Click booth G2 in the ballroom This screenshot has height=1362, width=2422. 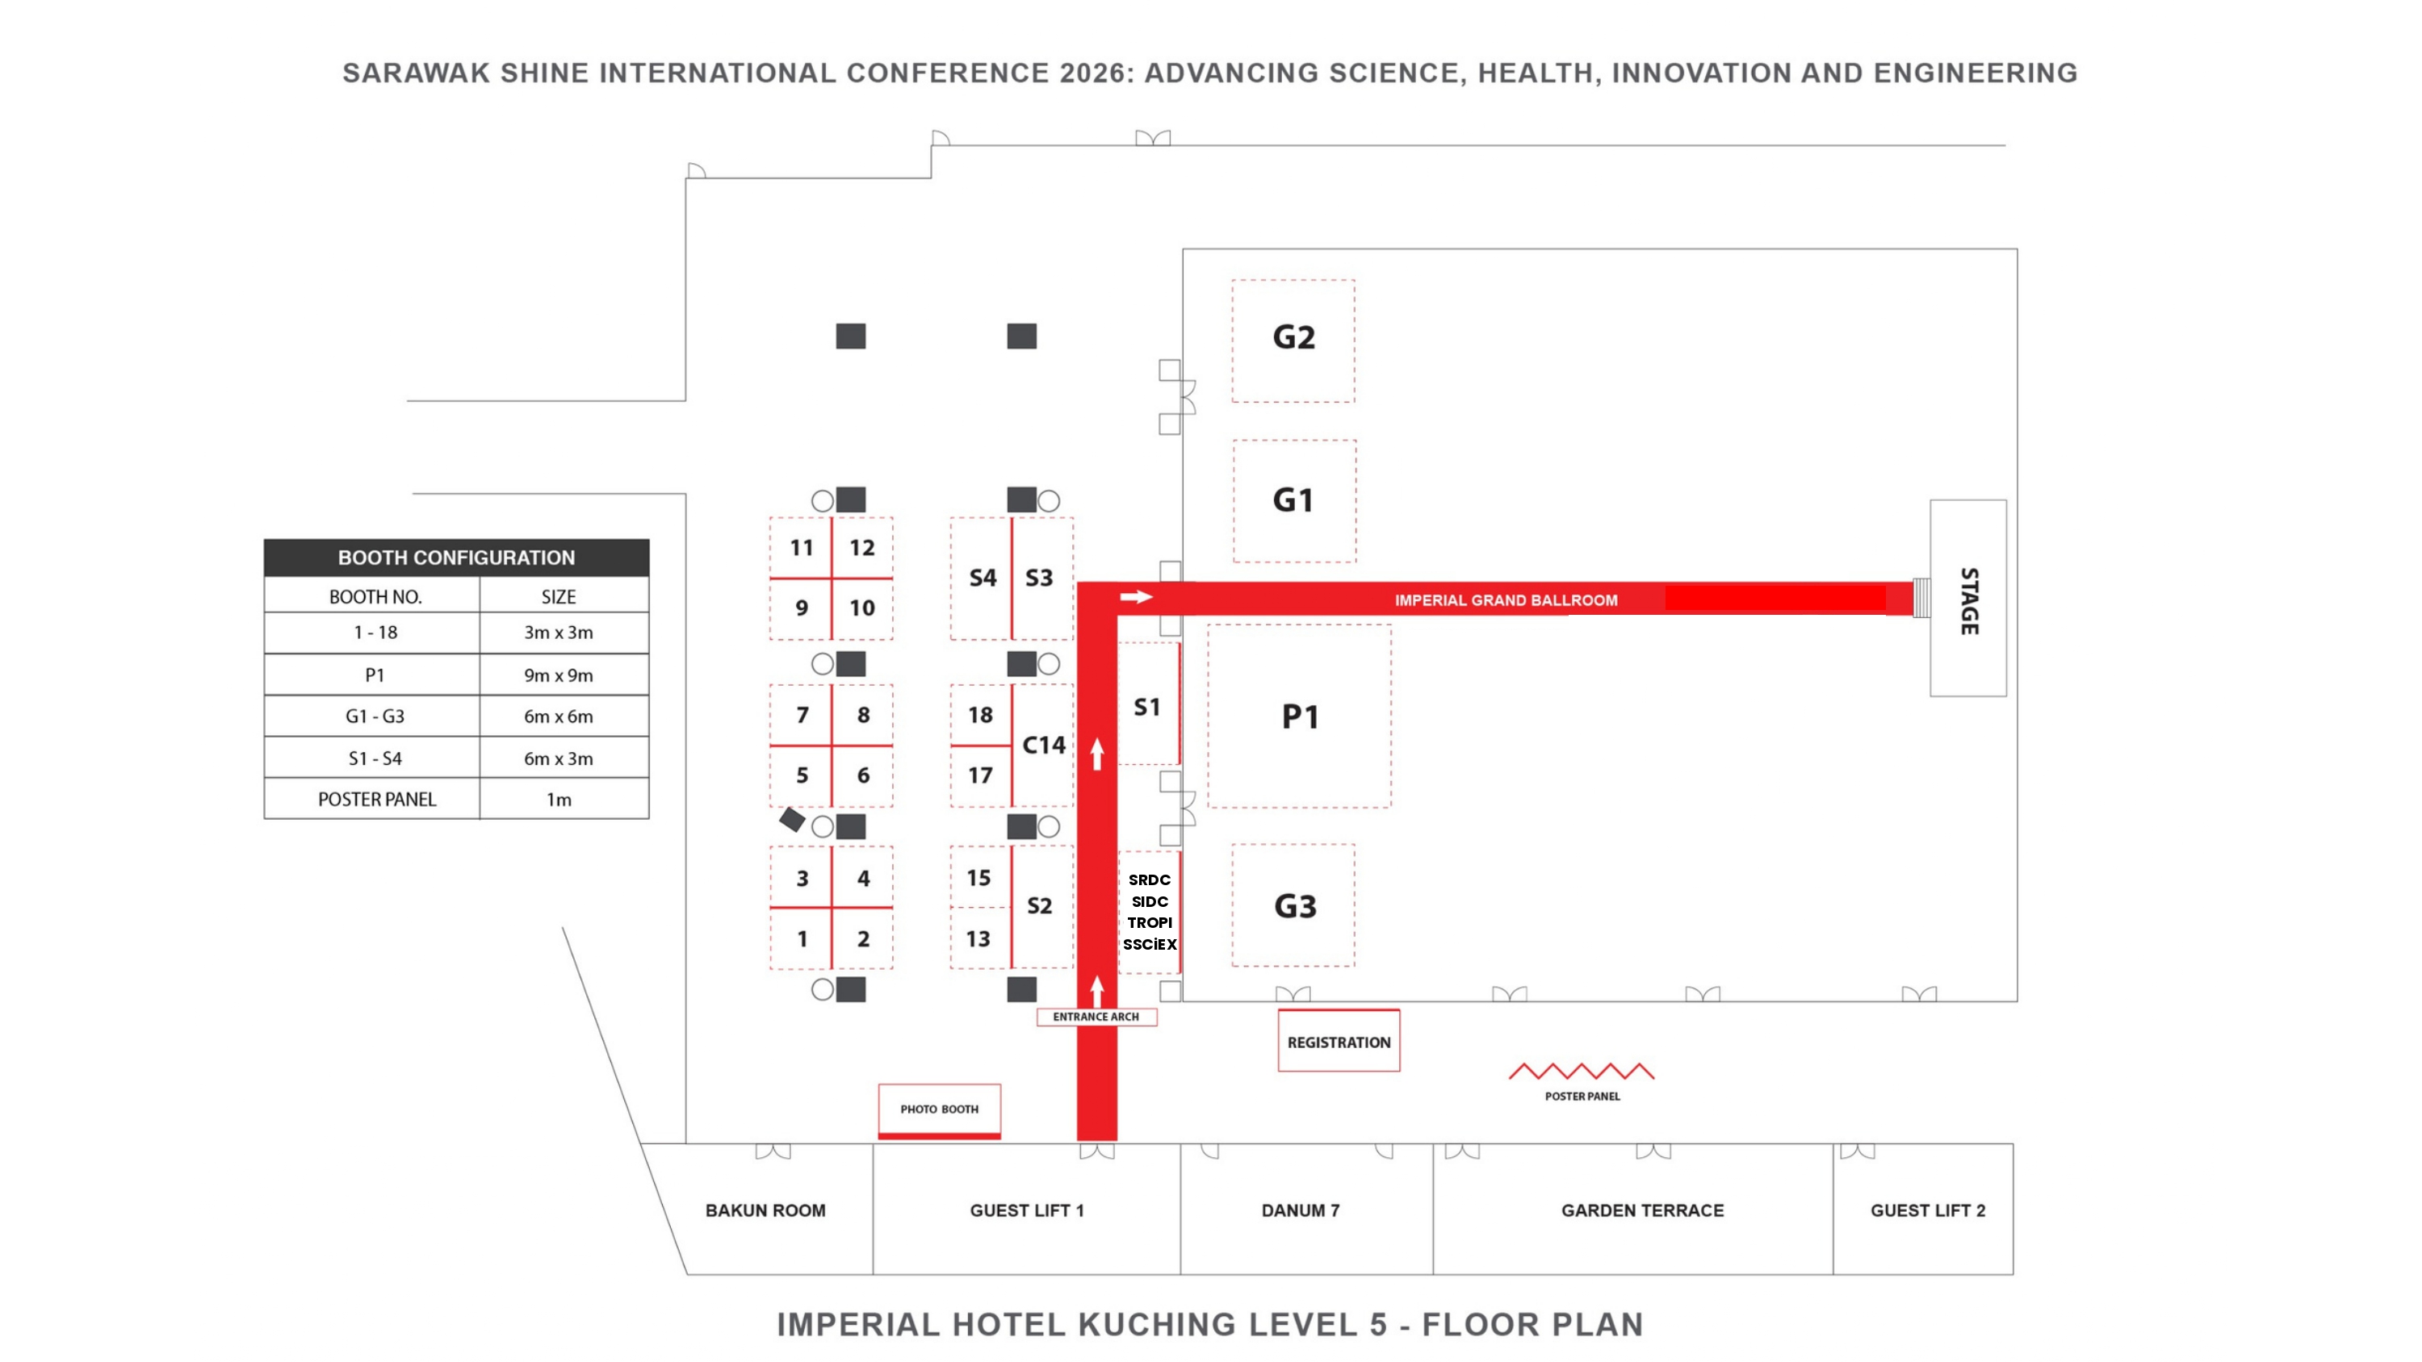point(1293,340)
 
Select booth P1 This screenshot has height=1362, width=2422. point(1298,716)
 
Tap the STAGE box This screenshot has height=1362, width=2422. point(1968,598)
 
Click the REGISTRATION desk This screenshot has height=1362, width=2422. point(1338,1041)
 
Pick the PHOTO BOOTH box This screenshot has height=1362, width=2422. point(939,1111)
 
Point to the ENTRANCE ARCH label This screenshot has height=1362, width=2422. point(1096,1016)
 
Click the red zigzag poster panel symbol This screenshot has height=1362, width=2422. point(1582,1071)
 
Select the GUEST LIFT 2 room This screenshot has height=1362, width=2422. point(1923,1209)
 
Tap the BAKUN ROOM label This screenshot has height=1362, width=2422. point(765,1210)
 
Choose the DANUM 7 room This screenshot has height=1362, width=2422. point(1306,1209)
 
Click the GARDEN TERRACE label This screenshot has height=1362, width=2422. point(1643,1210)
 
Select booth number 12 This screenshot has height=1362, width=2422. point(862,548)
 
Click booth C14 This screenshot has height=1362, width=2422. point(1043,746)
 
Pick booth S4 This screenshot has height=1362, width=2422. point(982,578)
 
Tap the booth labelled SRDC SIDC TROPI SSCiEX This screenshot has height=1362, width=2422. point(1149,912)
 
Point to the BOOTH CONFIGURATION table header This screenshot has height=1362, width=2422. point(456,558)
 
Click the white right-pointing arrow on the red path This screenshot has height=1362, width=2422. point(1136,597)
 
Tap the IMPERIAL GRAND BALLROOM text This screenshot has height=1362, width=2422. point(1506,600)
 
